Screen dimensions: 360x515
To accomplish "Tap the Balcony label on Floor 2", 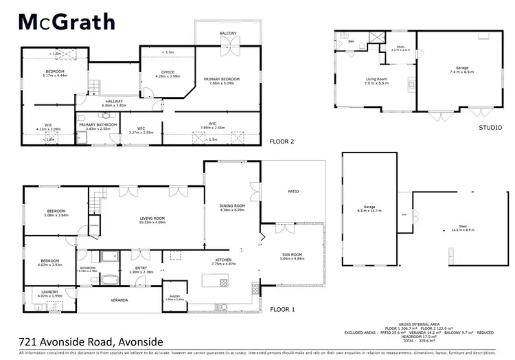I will (228, 33).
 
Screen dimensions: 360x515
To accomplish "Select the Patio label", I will (290, 192).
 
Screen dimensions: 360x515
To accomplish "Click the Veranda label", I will (120, 300).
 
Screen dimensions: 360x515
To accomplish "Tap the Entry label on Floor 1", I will (141, 269).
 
